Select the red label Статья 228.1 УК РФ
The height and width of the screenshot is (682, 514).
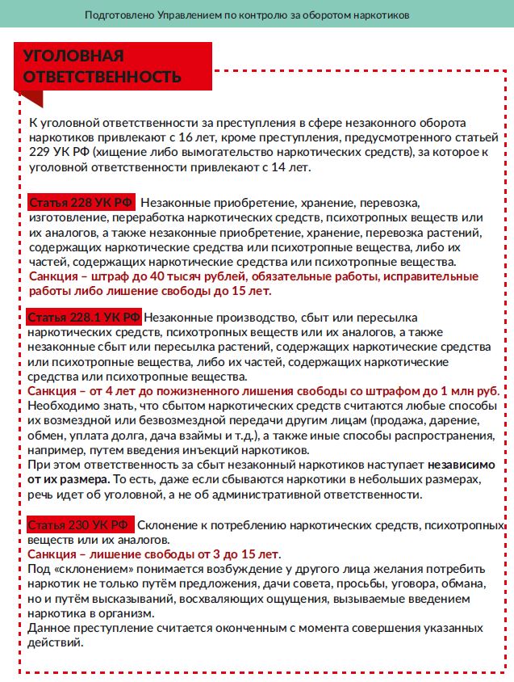click(x=84, y=316)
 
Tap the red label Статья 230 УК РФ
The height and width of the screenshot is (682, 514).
click(x=79, y=525)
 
